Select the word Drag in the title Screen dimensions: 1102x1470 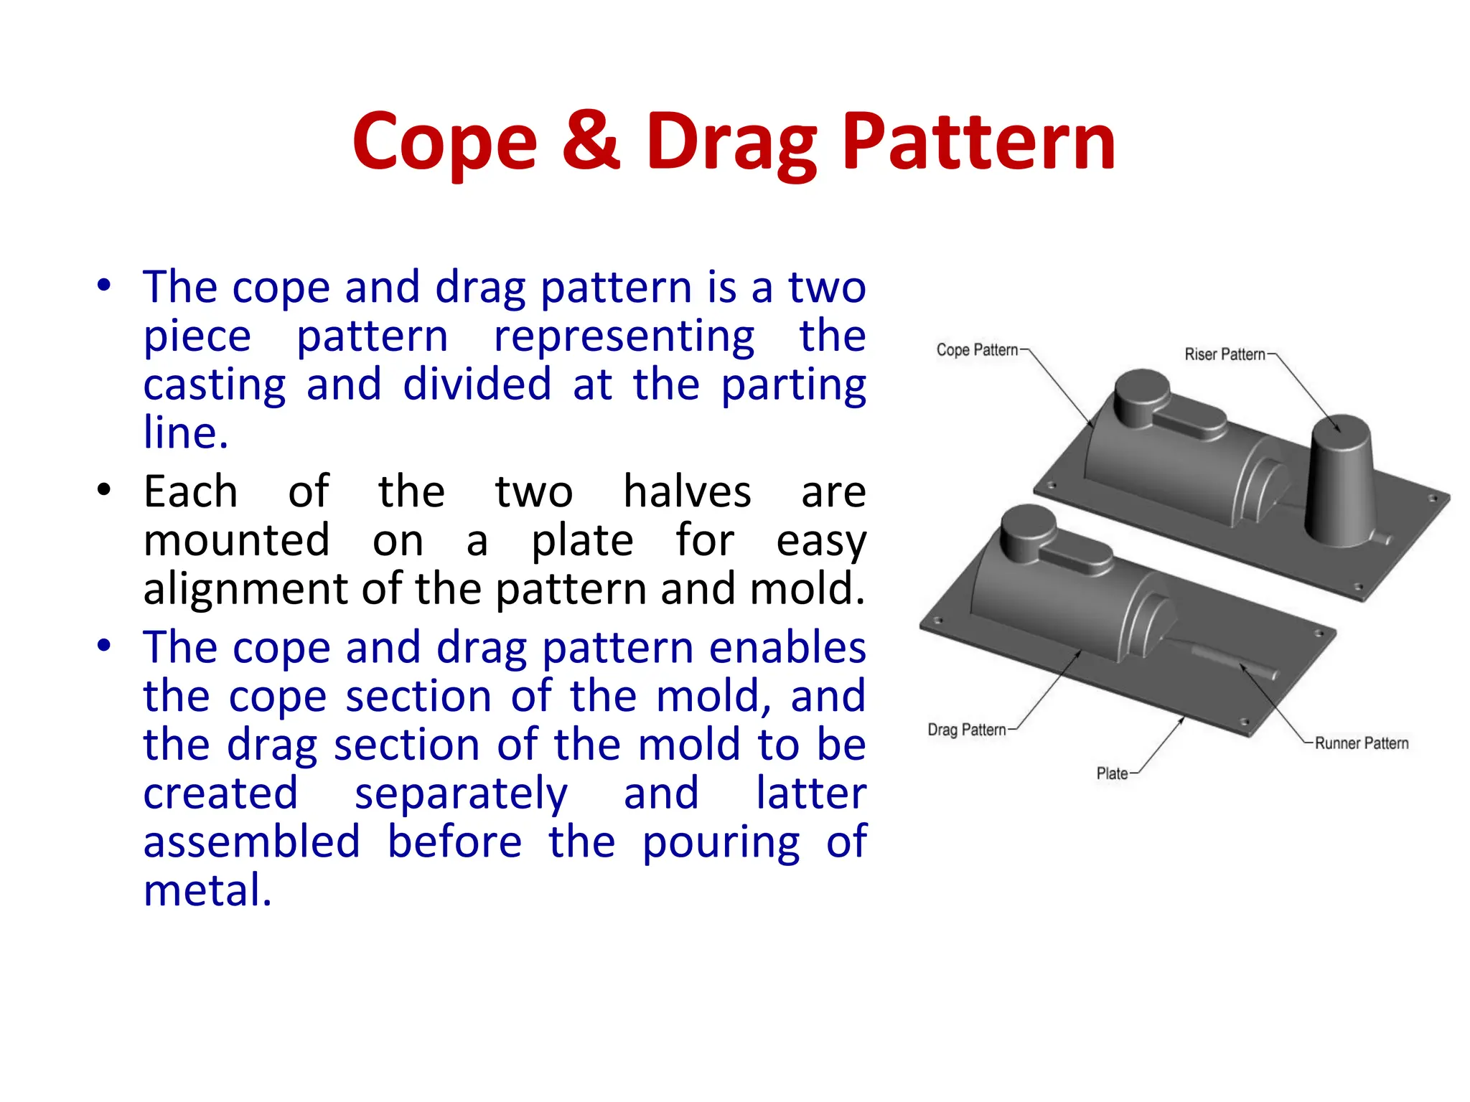(731, 143)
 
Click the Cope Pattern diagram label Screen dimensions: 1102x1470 (977, 350)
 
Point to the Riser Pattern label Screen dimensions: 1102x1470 (1225, 354)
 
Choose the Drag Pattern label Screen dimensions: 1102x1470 (967, 730)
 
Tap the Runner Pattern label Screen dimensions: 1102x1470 (1361, 743)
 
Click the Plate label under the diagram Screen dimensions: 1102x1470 (1112, 773)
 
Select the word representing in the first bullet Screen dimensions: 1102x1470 (624, 336)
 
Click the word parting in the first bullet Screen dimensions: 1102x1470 (793, 385)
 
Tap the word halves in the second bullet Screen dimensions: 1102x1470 (687, 492)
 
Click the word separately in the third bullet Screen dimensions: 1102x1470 (461, 794)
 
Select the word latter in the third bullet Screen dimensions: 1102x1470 (811, 793)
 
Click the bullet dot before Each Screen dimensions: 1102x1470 (105, 491)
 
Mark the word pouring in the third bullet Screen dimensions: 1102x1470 (721, 843)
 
